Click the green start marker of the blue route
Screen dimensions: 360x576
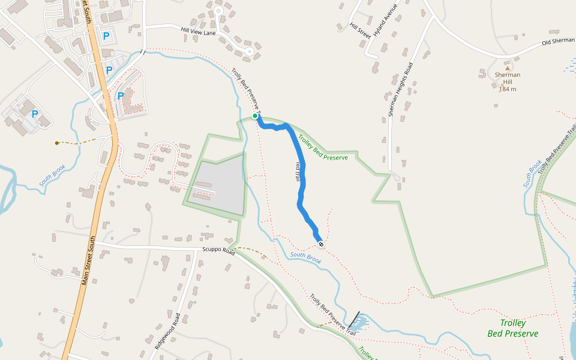pos(255,116)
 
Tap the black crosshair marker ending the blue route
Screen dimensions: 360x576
pos(321,244)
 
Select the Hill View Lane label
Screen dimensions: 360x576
pos(198,31)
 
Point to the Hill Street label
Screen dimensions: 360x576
pos(361,31)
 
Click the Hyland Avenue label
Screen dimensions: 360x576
pos(385,22)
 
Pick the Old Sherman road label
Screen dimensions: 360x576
pos(558,42)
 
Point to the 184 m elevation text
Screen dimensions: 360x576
pos(508,89)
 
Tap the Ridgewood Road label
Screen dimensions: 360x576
pos(167,331)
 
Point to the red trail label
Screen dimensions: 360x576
pos(297,171)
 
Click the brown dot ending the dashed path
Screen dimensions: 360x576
pos(57,143)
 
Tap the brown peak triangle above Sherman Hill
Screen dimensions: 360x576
pos(507,68)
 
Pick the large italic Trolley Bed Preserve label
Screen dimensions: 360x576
pos(512,328)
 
